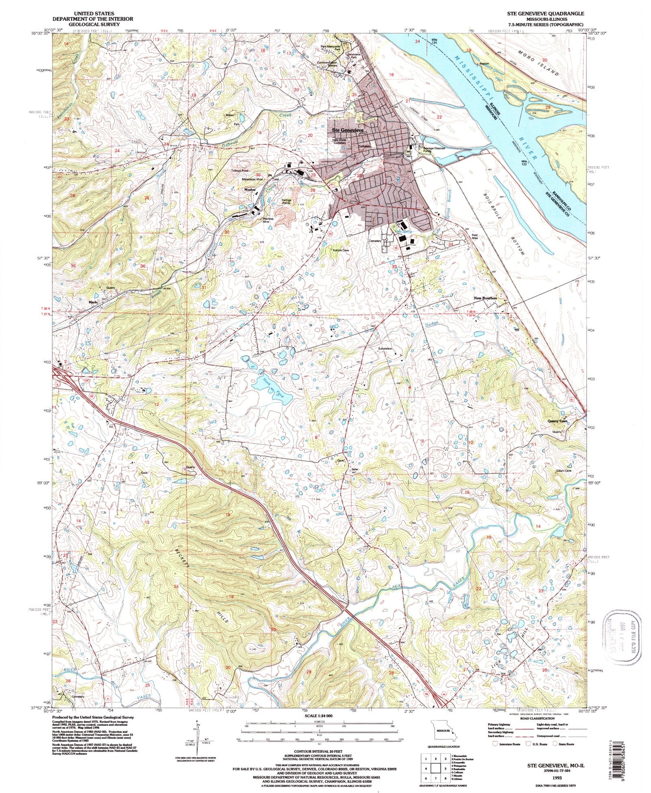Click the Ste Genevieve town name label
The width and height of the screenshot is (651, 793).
coord(347,130)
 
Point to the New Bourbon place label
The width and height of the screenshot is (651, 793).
coord(485,298)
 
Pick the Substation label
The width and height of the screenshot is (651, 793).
coord(385,349)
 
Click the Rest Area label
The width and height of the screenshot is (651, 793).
coord(475,237)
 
